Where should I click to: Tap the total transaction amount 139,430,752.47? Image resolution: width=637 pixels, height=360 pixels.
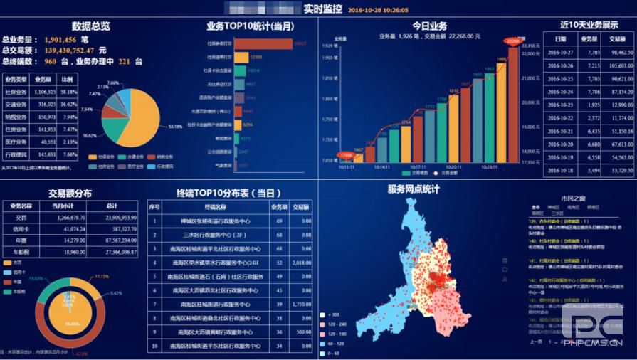pyautogui.click(x=69, y=51)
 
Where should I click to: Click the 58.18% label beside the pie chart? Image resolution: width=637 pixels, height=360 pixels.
pyautogui.click(x=174, y=128)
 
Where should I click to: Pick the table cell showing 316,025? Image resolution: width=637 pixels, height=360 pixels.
pyautogui.click(x=44, y=104)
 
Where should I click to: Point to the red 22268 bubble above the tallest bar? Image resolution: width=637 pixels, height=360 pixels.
pyautogui.click(x=512, y=41)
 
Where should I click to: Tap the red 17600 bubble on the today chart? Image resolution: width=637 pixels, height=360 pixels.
pyautogui.click(x=346, y=154)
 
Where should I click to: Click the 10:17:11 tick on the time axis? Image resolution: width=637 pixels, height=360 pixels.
pyautogui.click(x=418, y=167)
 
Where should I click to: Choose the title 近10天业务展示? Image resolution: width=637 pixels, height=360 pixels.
pyautogui.click(x=589, y=25)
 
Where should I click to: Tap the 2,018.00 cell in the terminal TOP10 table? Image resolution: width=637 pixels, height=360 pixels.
pyautogui.click(x=302, y=263)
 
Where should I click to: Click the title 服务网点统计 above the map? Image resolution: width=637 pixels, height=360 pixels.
pyautogui.click(x=413, y=189)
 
